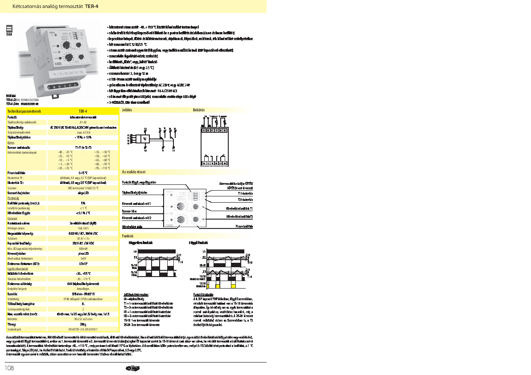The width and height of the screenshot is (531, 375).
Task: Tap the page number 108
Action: click(10, 368)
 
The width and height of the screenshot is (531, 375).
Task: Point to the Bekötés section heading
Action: click(199, 110)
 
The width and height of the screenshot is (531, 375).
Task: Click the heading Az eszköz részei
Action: click(134, 171)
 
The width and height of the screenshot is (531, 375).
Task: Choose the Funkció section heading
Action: click(128, 235)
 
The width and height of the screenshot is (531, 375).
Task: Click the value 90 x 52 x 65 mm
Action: click(83, 319)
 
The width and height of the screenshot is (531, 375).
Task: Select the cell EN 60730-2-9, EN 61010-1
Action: click(83, 329)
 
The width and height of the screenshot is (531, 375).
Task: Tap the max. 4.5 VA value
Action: click(83, 132)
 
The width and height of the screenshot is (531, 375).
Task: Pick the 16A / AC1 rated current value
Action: click(83, 227)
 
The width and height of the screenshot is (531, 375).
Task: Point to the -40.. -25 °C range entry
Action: click(65, 152)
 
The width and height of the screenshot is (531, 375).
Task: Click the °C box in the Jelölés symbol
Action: click(145, 139)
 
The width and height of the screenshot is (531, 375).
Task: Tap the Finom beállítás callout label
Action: click(244, 226)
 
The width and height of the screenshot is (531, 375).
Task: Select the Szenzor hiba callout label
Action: click(129, 210)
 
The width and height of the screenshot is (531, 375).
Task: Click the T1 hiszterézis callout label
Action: click(245, 193)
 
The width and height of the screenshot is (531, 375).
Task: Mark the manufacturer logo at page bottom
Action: click(133, 368)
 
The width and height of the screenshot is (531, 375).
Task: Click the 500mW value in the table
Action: click(83, 248)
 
